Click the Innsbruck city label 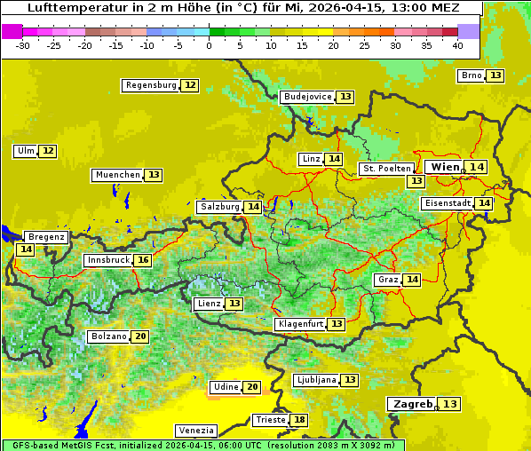coord(107,261)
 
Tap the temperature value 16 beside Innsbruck coord(143,261)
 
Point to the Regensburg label coord(151,85)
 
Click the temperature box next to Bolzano coord(140,337)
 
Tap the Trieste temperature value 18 coord(300,420)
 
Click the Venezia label coord(195,430)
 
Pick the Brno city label coord(472,75)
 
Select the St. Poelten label coord(386,169)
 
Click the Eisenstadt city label coord(447,203)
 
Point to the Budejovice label coord(307,97)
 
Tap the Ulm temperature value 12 coord(48,151)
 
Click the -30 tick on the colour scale coord(22,45)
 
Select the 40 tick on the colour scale coord(457,45)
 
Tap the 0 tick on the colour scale coord(209,45)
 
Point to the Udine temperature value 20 coord(252,387)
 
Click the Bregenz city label coord(46,237)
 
